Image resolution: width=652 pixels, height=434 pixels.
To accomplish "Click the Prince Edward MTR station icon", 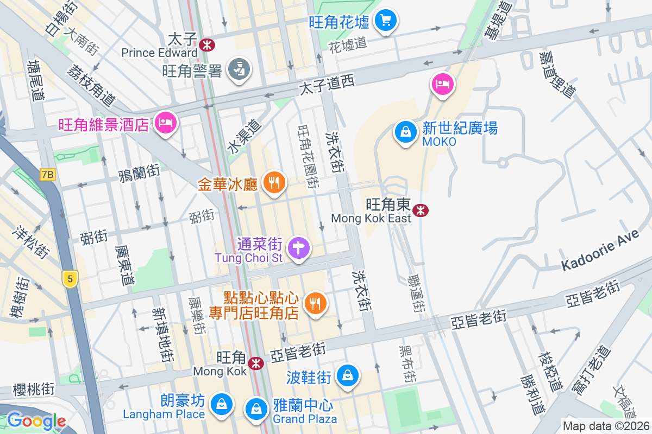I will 206,44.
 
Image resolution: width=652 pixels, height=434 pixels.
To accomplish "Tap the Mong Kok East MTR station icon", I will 419,210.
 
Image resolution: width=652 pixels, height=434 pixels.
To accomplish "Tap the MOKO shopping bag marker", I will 405,132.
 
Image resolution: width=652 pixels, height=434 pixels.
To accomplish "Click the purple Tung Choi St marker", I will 299,248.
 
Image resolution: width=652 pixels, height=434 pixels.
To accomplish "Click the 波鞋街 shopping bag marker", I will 348,375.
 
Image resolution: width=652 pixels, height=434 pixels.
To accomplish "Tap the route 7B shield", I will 48,174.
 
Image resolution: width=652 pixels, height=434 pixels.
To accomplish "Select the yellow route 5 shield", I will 70,279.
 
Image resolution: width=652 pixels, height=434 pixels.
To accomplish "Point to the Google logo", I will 36,421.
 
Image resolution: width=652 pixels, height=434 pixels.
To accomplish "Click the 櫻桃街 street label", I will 34,389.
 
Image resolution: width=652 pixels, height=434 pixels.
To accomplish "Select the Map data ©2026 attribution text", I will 605,426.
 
